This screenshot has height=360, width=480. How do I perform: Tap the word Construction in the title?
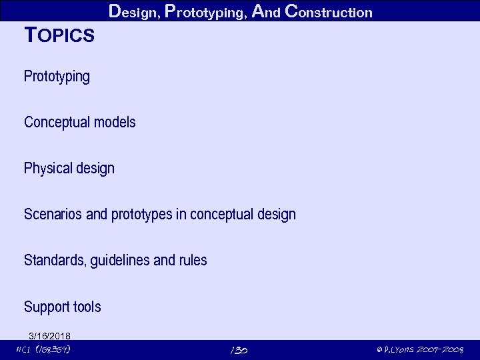[x=328, y=11]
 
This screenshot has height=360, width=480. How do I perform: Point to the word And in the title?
[x=267, y=11]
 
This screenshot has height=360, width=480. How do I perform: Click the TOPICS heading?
[x=59, y=35]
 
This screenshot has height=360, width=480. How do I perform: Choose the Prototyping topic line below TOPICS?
[x=57, y=77]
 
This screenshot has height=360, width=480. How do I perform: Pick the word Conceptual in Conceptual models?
[x=56, y=123]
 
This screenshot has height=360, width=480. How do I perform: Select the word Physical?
[x=47, y=169]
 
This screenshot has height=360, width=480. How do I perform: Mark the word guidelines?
[x=121, y=260]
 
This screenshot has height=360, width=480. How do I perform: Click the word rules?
[x=193, y=260]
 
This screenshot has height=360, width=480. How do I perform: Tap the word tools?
[x=87, y=307]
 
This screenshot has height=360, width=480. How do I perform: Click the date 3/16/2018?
[x=50, y=335]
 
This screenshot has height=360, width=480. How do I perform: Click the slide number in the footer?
[x=239, y=350]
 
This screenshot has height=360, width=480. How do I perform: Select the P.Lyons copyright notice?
[x=419, y=350]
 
